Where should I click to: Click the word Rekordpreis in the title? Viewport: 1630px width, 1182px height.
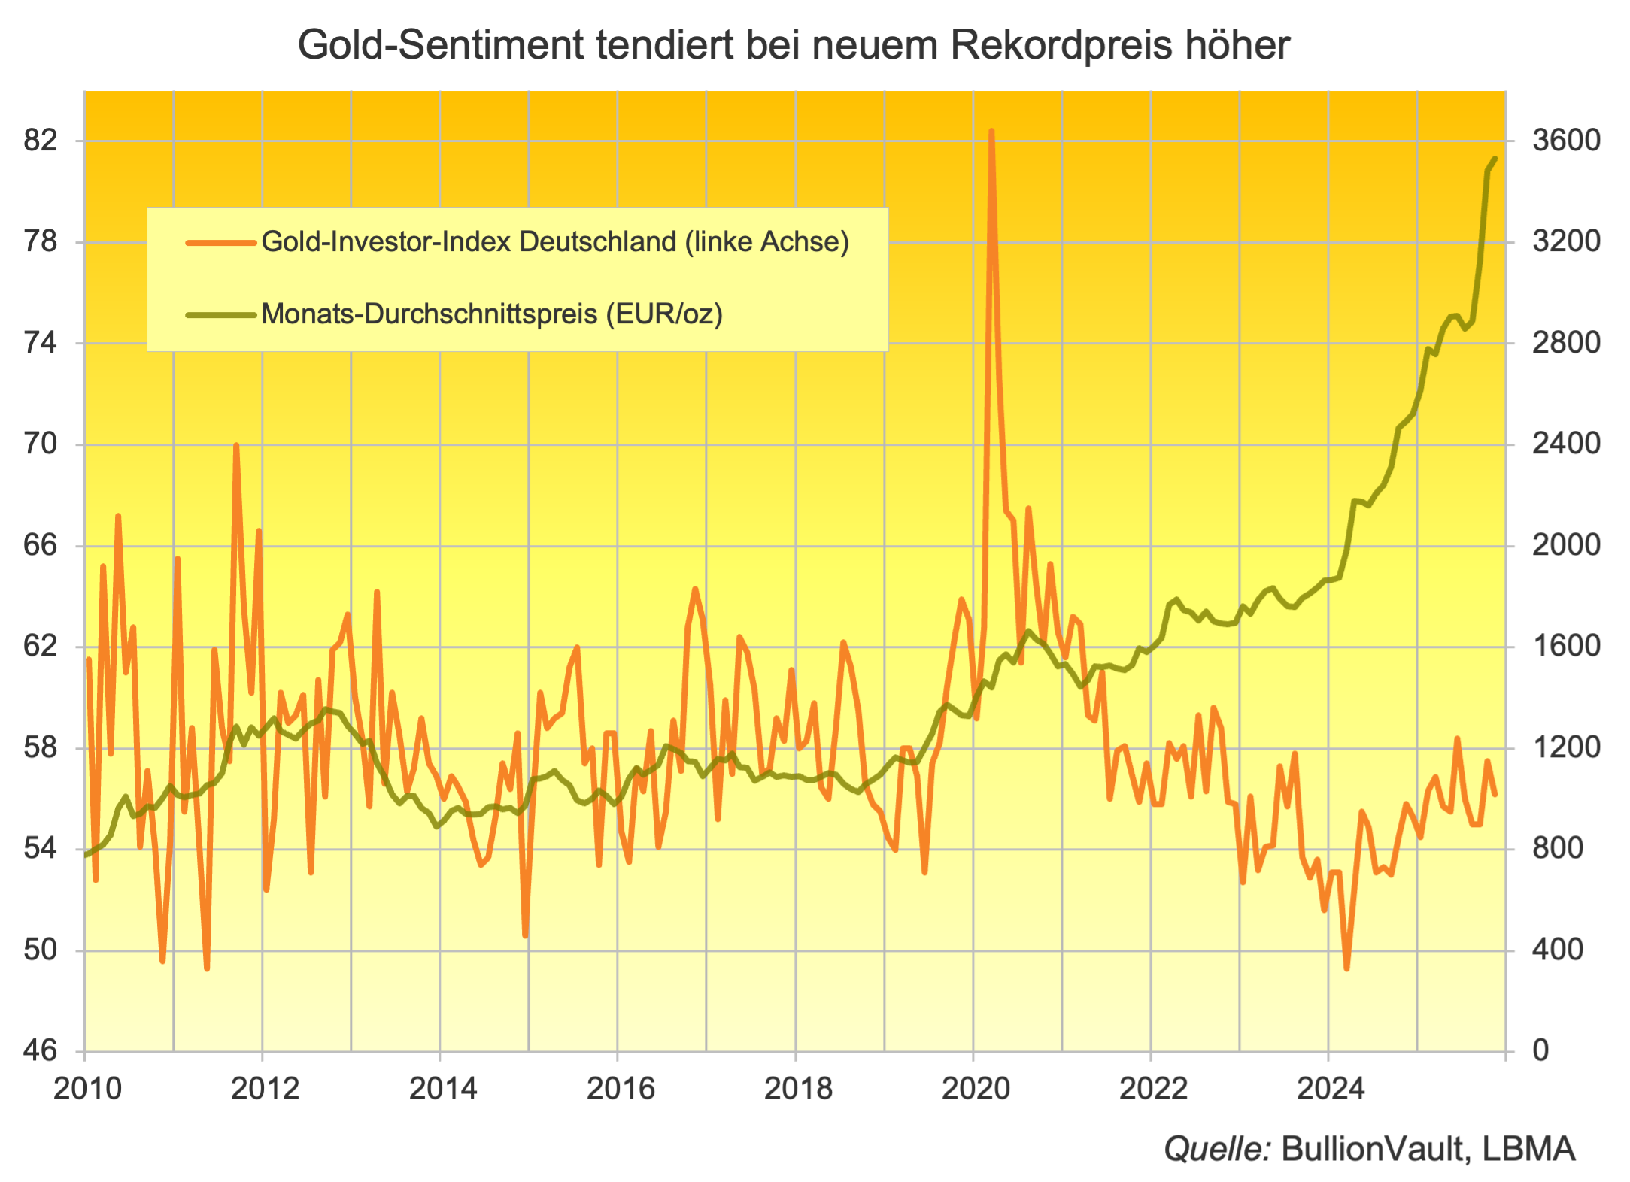click(x=1061, y=45)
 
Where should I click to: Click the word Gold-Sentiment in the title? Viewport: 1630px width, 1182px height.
click(x=441, y=45)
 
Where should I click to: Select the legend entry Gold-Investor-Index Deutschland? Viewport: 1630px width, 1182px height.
click(x=555, y=241)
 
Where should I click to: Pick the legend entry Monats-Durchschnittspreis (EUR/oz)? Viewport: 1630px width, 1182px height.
click(x=492, y=314)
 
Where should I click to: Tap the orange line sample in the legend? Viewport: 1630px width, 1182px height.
click(x=220, y=242)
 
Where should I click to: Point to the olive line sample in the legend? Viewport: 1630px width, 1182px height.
click(x=220, y=314)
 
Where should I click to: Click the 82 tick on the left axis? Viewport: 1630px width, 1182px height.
click(x=41, y=140)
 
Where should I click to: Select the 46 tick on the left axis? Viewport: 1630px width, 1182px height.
click(x=41, y=1050)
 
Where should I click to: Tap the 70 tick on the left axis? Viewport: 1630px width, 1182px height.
click(x=41, y=444)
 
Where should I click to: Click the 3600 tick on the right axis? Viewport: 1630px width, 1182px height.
click(x=1566, y=140)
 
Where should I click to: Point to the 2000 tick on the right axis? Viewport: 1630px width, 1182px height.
click(x=1566, y=544)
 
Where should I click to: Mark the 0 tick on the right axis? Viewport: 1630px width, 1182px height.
click(x=1540, y=1050)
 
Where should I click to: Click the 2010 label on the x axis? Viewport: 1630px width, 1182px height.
click(x=87, y=1088)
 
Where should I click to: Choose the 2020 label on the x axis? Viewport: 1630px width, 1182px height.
click(x=976, y=1088)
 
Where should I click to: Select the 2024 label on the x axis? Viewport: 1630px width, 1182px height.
click(x=1331, y=1088)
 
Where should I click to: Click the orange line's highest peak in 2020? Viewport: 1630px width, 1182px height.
click(x=991, y=132)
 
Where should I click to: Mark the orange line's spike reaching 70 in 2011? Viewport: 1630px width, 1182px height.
click(x=236, y=446)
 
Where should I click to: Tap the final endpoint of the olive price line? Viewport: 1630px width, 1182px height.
click(x=1495, y=159)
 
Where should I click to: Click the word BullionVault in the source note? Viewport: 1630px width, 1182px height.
click(x=1374, y=1148)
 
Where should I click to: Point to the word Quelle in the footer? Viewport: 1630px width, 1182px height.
click(x=1216, y=1148)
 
